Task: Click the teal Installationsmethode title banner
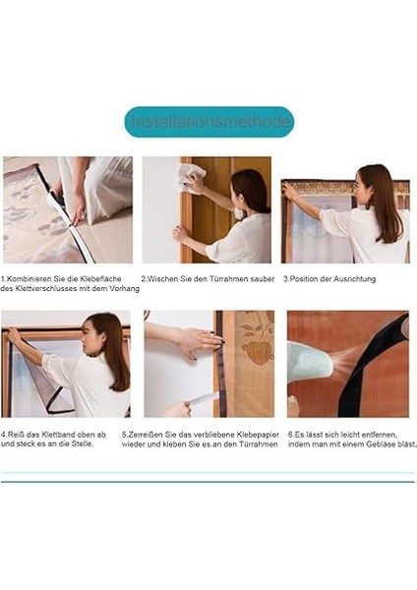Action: coord(208,122)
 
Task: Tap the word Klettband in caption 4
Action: coord(44,433)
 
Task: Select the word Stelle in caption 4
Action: coord(82,443)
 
